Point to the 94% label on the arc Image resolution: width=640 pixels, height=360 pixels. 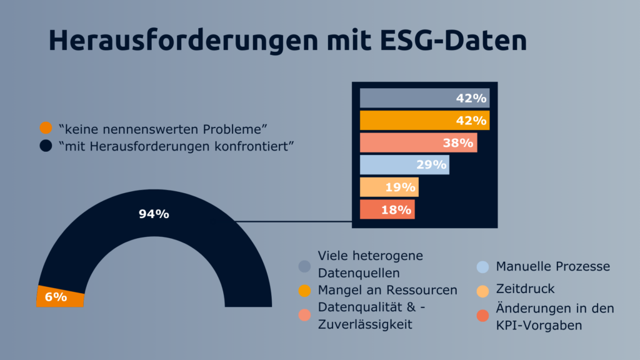(x=154, y=214)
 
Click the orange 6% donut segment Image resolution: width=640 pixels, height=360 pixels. (x=60, y=297)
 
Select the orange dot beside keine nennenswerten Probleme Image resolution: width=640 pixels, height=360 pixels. (x=46, y=129)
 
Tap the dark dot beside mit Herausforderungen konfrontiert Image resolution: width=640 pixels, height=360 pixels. (x=46, y=146)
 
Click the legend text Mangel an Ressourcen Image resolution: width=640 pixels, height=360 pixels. (x=387, y=290)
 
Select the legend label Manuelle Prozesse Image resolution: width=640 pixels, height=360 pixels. (x=552, y=267)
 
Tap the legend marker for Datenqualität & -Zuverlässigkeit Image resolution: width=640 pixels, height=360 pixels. (x=304, y=315)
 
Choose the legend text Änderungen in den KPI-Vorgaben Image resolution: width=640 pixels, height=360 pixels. (x=555, y=316)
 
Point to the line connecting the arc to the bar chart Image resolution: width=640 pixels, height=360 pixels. (x=294, y=221)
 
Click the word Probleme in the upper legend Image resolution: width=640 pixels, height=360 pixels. (x=237, y=129)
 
